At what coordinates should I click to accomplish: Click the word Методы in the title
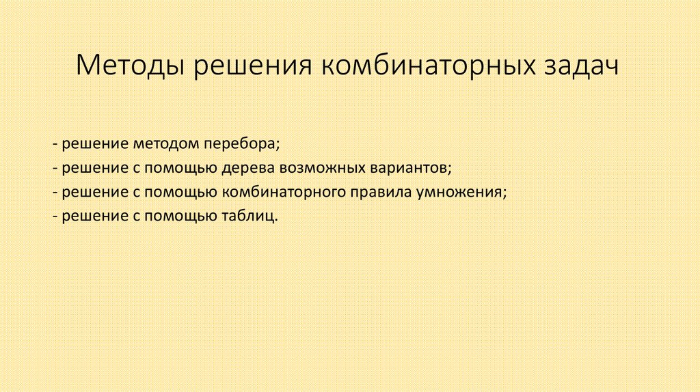pos(129,68)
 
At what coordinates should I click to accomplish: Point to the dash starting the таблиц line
pos(54,217)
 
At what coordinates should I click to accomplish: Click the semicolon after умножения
pos(505,194)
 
